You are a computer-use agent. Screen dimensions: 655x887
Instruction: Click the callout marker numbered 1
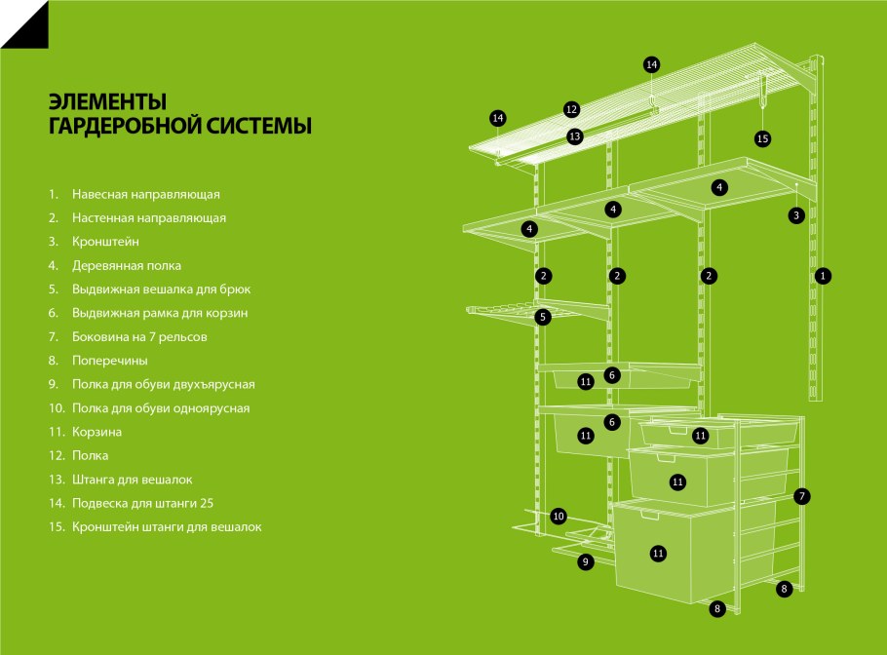(x=823, y=276)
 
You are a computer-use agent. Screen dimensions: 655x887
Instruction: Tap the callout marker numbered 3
(x=796, y=214)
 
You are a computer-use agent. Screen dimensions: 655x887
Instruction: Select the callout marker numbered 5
(x=543, y=317)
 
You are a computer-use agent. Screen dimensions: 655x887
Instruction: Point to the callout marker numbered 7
(x=802, y=496)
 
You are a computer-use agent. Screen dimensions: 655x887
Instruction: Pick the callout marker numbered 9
(x=585, y=561)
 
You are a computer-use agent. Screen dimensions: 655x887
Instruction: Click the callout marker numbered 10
(x=559, y=516)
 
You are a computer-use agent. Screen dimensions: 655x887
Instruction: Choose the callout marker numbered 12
(x=571, y=109)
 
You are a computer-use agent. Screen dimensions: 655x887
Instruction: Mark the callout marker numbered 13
(x=575, y=136)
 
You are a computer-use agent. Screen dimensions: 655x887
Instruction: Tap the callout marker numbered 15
(x=762, y=138)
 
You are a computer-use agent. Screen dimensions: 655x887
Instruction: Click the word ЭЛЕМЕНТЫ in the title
(x=107, y=102)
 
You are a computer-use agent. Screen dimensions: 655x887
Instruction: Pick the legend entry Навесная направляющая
(x=145, y=194)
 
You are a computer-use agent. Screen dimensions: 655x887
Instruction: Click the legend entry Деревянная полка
(x=126, y=265)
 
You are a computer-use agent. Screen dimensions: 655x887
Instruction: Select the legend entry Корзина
(x=96, y=432)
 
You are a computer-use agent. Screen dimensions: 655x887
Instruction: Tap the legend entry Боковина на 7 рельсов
(x=139, y=336)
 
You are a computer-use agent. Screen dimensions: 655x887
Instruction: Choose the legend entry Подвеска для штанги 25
(x=142, y=503)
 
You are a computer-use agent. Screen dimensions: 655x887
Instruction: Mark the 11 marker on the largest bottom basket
(x=658, y=553)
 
